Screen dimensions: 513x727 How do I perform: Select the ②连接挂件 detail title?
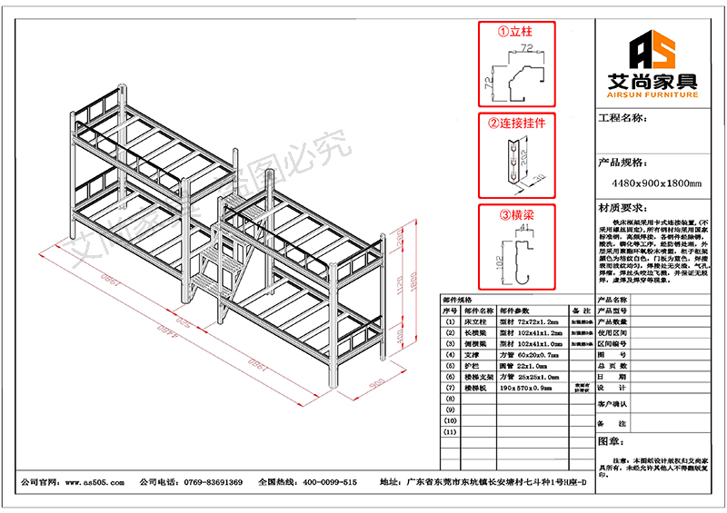517,123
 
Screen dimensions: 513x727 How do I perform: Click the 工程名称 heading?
623,118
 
